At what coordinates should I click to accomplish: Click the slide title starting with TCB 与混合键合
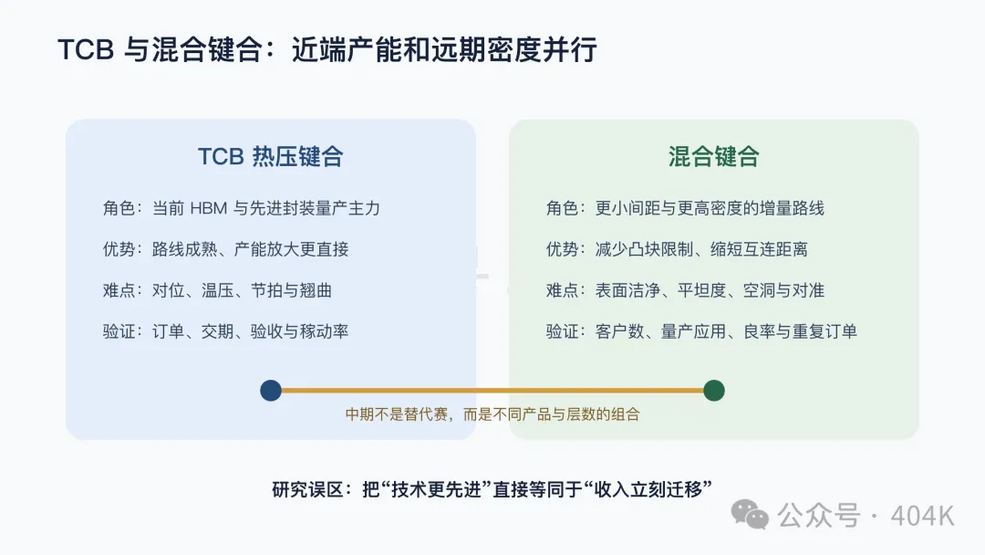click(327, 49)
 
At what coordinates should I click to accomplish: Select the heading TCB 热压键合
click(270, 156)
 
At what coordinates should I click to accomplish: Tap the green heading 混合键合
click(713, 156)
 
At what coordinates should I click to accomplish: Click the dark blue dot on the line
click(271, 391)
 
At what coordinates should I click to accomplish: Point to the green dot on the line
click(713, 391)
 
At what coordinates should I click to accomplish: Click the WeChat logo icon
click(750, 514)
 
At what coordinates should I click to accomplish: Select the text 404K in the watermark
click(922, 516)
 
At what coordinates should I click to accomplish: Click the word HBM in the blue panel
click(208, 208)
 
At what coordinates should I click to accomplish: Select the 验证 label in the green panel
click(562, 331)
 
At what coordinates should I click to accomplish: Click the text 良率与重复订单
click(801, 331)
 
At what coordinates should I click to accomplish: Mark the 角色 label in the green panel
click(562, 208)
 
